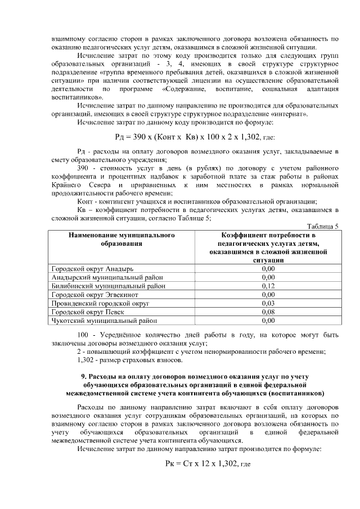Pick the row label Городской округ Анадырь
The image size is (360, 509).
coord(87,269)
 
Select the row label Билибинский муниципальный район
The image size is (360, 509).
coord(108,286)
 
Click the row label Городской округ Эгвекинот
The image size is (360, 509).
coord(93,294)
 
